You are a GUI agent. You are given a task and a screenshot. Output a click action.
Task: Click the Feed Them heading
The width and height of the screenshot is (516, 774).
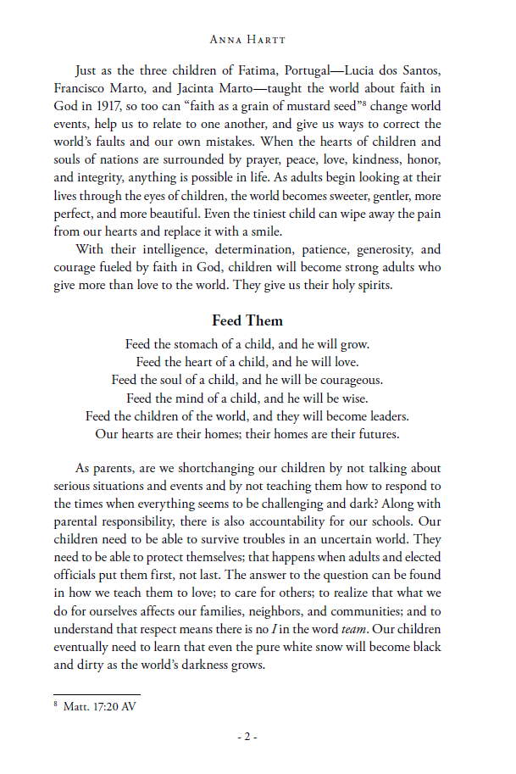pos(247,321)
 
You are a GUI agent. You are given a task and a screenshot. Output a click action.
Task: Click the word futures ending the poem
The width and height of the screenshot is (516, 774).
pos(376,434)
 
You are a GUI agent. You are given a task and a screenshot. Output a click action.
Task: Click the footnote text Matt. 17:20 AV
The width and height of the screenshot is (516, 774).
pos(99,705)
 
